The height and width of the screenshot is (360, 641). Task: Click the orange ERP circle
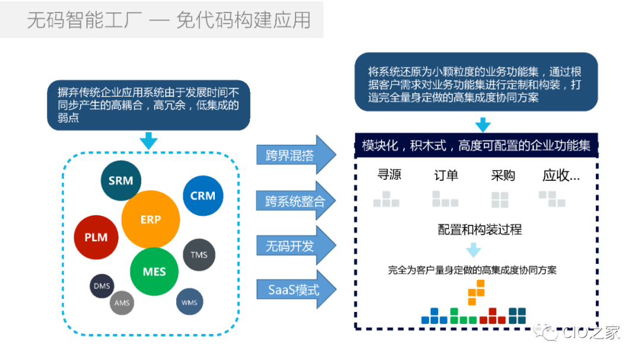[151, 219]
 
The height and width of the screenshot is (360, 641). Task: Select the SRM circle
[121, 180]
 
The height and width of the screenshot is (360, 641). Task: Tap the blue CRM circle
[203, 196]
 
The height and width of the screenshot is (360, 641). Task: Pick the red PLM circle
[96, 237]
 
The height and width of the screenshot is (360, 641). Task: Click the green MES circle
[154, 272]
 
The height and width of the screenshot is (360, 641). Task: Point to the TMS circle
[199, 255]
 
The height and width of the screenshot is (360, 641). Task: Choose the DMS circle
[101, 286]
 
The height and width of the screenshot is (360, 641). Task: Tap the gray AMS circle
[122, 303]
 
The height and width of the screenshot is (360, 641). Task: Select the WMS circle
[189, 303]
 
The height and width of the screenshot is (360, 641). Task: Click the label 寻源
[389, 175]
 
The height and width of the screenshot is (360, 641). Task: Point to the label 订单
[446, 176]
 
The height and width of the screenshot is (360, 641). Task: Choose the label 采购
[503, 176]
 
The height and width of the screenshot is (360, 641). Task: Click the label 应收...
[561, 176]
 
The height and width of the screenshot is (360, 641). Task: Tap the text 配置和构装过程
[480, 230]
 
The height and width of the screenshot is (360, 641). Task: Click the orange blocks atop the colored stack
[476, 292]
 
